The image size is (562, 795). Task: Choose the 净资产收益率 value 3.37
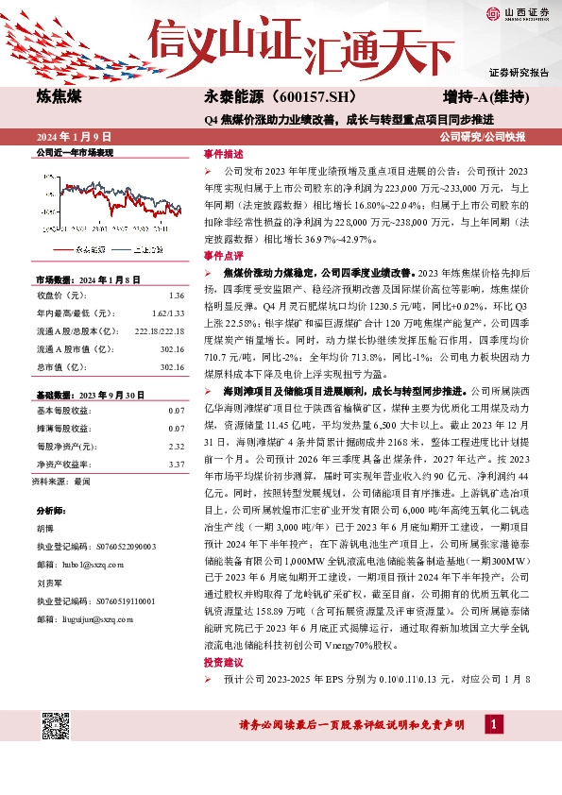point(176,464)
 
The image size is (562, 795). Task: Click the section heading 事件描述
point(222,154)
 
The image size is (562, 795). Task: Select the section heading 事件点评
point(222,255)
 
